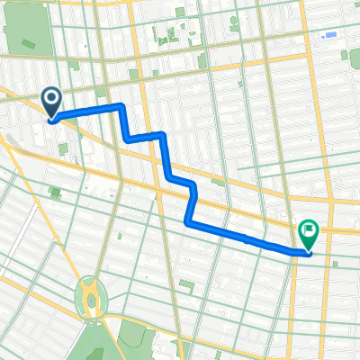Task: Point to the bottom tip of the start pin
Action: pos(52,119)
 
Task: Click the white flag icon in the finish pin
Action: pos(309,231)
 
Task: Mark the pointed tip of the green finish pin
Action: pos(309,253)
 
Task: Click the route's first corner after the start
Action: pos(120,106)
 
